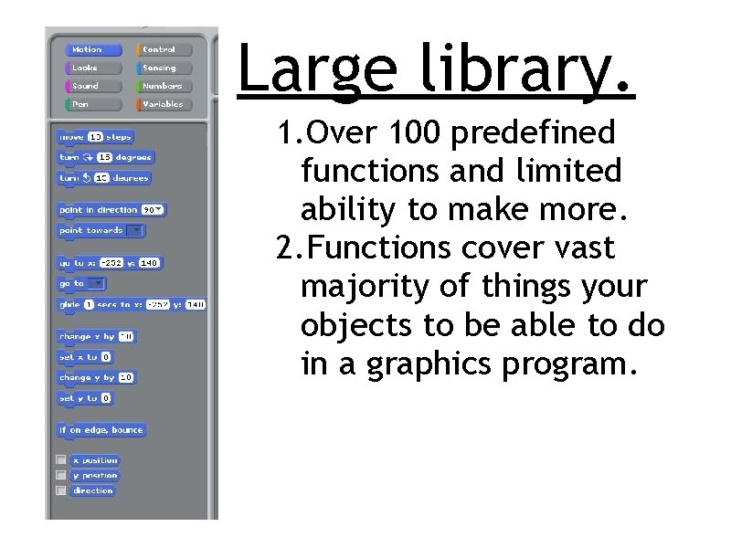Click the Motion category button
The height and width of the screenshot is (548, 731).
[87, 49]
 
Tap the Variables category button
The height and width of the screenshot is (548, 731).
[161, 104]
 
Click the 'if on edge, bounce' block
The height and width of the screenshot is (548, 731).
[101, 429]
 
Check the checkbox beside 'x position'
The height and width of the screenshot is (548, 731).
[60, 460]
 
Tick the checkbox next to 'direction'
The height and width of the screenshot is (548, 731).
[60, 490]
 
